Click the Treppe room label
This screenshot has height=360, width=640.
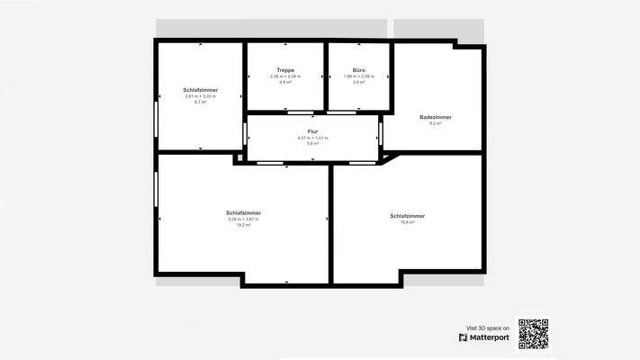pos(285,70)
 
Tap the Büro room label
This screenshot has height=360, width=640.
pos(358,70)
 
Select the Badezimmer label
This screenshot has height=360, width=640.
pos(436,117)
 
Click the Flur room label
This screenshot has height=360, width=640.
pos(312,131)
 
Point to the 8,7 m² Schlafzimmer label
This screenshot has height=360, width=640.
pos(200,90)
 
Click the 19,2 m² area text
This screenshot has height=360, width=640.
pos(243,225)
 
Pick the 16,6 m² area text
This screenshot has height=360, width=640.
pos(407,222)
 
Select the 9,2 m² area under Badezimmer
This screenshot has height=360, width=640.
pos(436,123)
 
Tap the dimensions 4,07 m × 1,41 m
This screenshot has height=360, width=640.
pos(312,138)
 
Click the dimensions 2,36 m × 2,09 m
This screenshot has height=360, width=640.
pos(285,76)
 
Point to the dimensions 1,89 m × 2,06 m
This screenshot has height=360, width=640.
pos(358,76)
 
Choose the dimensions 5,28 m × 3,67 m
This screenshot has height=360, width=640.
pos(243,219)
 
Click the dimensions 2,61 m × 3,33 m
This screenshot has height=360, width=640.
pos(200,96)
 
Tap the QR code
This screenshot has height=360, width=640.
pos(533,334)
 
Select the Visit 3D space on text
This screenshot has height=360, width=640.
pos(487,328)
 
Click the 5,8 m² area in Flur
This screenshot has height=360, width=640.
pos(312,143)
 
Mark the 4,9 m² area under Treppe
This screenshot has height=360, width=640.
pos(285,82)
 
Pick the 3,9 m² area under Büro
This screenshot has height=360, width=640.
pos(358,82)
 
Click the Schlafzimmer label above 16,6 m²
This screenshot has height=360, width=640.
pos(407,216)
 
